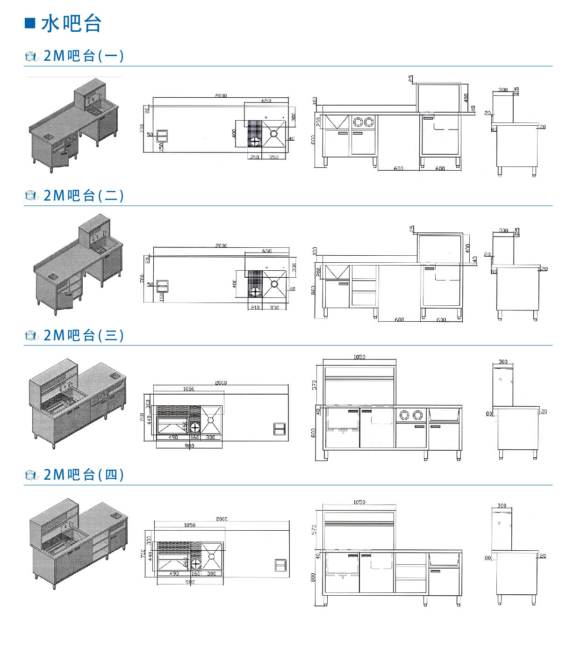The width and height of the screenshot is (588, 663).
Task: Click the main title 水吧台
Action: pyautogui.click(x=71, y=23)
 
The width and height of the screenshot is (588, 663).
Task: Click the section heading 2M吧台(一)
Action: pyautogui.click(x=83, y=56)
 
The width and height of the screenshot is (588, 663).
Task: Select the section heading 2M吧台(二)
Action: pyautogui.click(x=83, y=195)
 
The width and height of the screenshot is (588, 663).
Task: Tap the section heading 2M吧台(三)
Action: pyautogui.click(x=83, y=335)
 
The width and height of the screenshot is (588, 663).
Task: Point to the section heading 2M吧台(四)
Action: pyautogui.click(x=83, y=475)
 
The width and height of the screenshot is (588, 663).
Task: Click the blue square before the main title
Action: pyautogui.click(x=30, y=23)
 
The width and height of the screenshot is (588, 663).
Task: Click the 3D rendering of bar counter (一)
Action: pyautogui.click(x=74, y=125)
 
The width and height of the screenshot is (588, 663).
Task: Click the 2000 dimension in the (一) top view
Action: pyautogui.click(x=221, y=96)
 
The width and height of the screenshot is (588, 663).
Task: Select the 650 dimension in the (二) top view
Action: pyautogui.click(x=267, y=251)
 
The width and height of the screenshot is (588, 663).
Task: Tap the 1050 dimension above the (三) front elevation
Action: pyautogui.click(x=359, y=357)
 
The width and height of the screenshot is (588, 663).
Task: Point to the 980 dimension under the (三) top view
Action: pyautogui.click(x=189, y=446)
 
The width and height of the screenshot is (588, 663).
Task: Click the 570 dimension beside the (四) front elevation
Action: pyautogui.click(x=314, y=530)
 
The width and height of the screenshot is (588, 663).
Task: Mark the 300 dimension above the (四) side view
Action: pyautogui.click(x=502, y=505)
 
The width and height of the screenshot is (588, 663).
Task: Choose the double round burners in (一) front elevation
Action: pyautogui.click(x=363, y=122)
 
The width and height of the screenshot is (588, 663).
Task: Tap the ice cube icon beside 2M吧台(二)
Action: pyautogui.click(x=31, y=196)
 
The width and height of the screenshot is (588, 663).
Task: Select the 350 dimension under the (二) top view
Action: pyautogui.click(x=274, y=308)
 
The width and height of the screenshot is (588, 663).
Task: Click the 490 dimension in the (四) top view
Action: pyautogui.click(x=174, y=573)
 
